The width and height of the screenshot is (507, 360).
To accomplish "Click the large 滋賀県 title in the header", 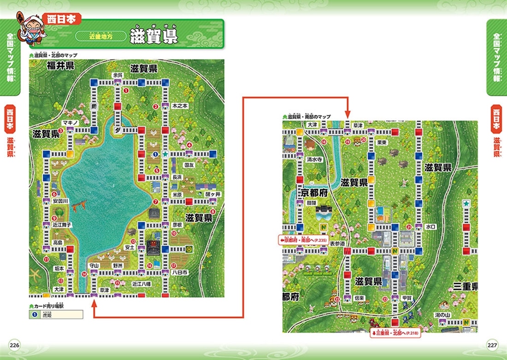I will tap(153, 35).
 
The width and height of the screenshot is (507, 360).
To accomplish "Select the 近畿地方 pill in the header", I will tap(100, 35).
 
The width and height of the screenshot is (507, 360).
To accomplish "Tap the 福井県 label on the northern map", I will tap(60, 65).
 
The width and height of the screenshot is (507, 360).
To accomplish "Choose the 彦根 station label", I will tap(177, 225).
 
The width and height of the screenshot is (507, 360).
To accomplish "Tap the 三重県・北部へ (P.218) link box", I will tap(395, 333).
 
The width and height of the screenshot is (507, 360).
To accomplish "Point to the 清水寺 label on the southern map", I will tap(314, 159).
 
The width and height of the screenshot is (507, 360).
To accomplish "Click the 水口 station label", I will tap(431, 227).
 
